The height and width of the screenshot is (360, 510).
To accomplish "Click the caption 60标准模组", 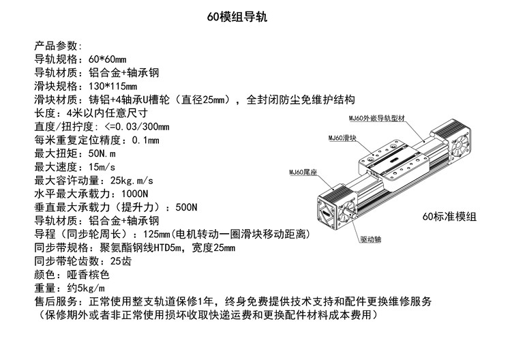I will (449, 217).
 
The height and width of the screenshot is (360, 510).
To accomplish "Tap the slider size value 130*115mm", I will (113, 86).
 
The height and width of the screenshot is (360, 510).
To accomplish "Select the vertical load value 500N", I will (185, 207).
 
